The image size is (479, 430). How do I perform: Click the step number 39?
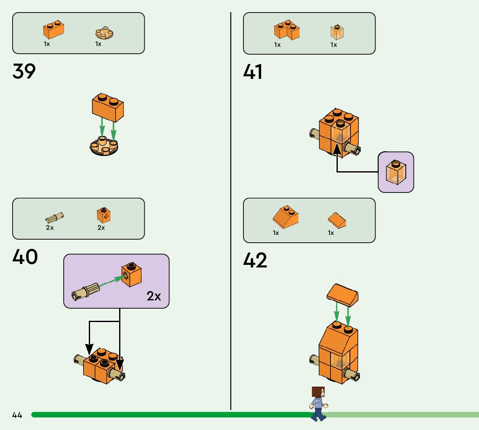pyautogui.click(x=24, y=71)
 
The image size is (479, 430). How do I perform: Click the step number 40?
pyautogui.click(x=25, y=257)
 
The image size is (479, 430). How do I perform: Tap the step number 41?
pyautogui.click(x=253, y=72)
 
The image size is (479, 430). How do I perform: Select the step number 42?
pyautogui.click(x=255, y=260)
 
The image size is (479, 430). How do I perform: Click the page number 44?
pyautogui.click(x=17, y=415)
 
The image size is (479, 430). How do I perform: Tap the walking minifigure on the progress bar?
pyautogui.click(x=318, y=404)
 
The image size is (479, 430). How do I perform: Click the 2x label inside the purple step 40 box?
pyautogui.click(x=154, y=296)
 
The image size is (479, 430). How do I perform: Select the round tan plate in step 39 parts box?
pyautogui.click(x=104, y=33)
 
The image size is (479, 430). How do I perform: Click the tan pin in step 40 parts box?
pyautogui.click(x=55, y=216)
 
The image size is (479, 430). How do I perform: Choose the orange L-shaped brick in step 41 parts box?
pyautogui.click(x=286, y=30)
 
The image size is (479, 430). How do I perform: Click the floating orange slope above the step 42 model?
pyautogui.click(x=342, y=294)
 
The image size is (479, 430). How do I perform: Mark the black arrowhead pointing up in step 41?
pyautogui.click(x=337, y=148)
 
